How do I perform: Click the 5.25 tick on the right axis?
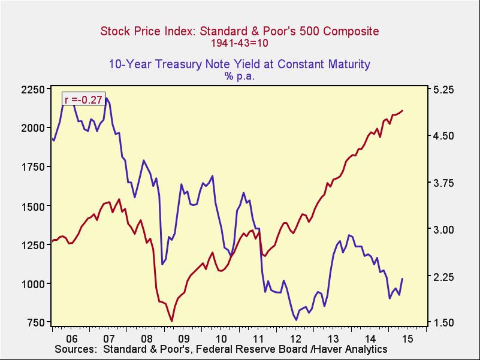point(444,89)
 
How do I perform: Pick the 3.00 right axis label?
point(444,229)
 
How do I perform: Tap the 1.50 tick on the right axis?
point(444,323)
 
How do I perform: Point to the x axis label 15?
point(407,338)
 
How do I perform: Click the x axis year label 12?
point(295,338)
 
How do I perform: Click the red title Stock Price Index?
point(240,31)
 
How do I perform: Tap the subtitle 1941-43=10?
point(240,43)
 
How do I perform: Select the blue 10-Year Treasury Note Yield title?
point(240,64)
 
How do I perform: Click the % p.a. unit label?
point(240,76)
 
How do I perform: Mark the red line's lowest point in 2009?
point(171,321)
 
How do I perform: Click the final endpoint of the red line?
point(403,110)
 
